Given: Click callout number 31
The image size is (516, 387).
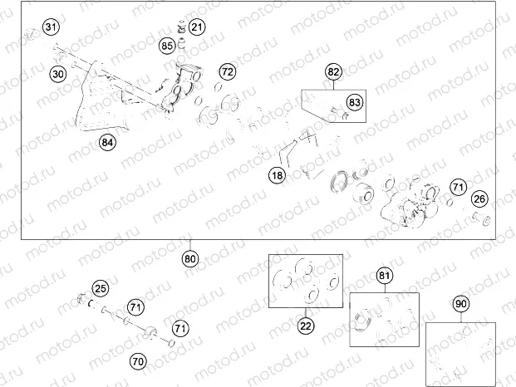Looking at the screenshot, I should pos(52,28).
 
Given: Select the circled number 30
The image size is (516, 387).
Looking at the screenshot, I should pos(57,74).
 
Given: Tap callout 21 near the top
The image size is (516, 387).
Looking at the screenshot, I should pos(195,27).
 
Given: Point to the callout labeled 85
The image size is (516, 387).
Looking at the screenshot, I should pos(167,45).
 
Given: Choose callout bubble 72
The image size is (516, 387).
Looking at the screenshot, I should pos(227,71).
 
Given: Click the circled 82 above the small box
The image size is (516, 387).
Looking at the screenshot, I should pos(333,72).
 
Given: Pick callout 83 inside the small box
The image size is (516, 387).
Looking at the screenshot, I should pos(355,102).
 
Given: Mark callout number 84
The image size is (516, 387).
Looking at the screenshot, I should pos(107,142).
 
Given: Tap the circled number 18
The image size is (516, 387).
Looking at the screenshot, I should pos(276,175).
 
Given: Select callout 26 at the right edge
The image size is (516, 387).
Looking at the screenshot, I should pos(479,199).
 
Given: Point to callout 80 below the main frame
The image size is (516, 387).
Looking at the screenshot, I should pos(190,258).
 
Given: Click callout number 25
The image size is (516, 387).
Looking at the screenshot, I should pos(100,289).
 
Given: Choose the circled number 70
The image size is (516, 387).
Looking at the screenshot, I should pos(138,361).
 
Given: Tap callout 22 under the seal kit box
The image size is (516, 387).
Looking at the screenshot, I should pos(306,326).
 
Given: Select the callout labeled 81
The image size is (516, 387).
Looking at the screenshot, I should pos(384,276).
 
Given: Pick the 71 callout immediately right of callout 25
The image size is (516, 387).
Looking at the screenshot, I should pos(135,307).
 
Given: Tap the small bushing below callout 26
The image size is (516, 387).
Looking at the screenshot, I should pos(481,220).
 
